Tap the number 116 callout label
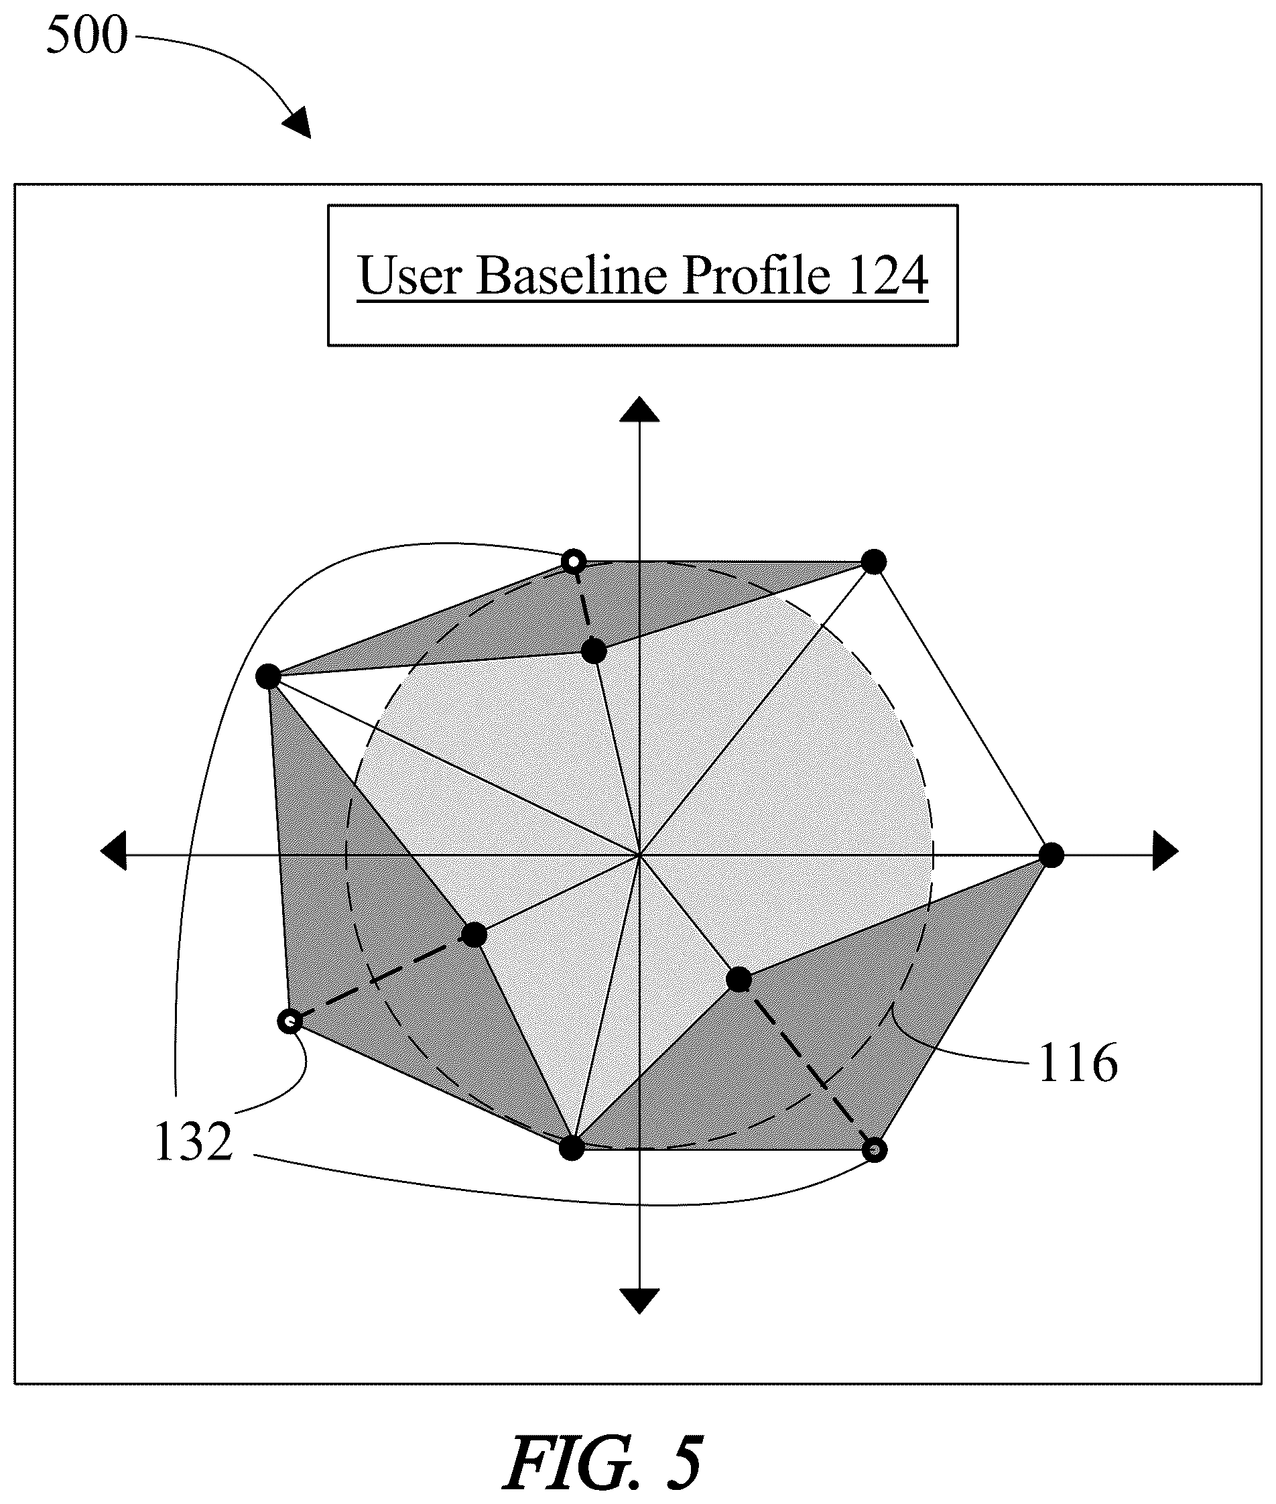click(x=1078, y=1063)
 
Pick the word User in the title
click(x=410, y=275)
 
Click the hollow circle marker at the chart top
click(x=574, y=562)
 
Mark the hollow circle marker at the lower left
click(x=290, y=1021)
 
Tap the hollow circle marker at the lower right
click(x=875, y=1149)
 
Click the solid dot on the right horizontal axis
click(x=1051, y=855)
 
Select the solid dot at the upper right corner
click(x=874, y=562)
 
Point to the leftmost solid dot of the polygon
click(x=268, y=677)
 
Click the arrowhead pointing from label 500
click(x=298, y=123)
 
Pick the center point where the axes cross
click(x=639, y=855)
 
